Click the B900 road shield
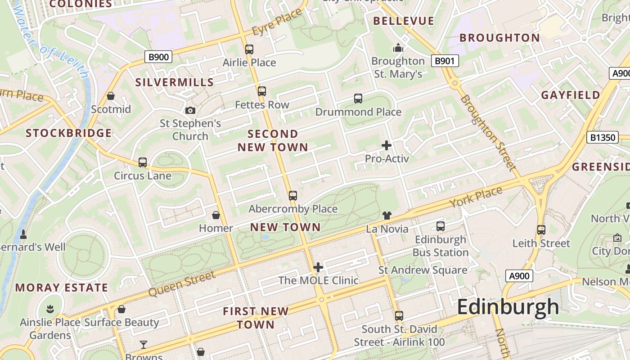158,57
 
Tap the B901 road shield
445,61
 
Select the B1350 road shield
603,137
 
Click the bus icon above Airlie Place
249,49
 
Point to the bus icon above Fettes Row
262,91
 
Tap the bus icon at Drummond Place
358,99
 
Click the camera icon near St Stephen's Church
190,110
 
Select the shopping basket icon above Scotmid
111,96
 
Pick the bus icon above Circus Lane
143,162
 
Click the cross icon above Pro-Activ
387,145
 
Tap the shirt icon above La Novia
387,216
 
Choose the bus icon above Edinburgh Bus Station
441,226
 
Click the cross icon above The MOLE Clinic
318,267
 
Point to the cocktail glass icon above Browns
144,345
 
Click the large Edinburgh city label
508,308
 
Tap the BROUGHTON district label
499,38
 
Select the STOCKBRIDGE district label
68,133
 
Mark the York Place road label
476,198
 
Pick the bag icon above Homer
216,215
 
